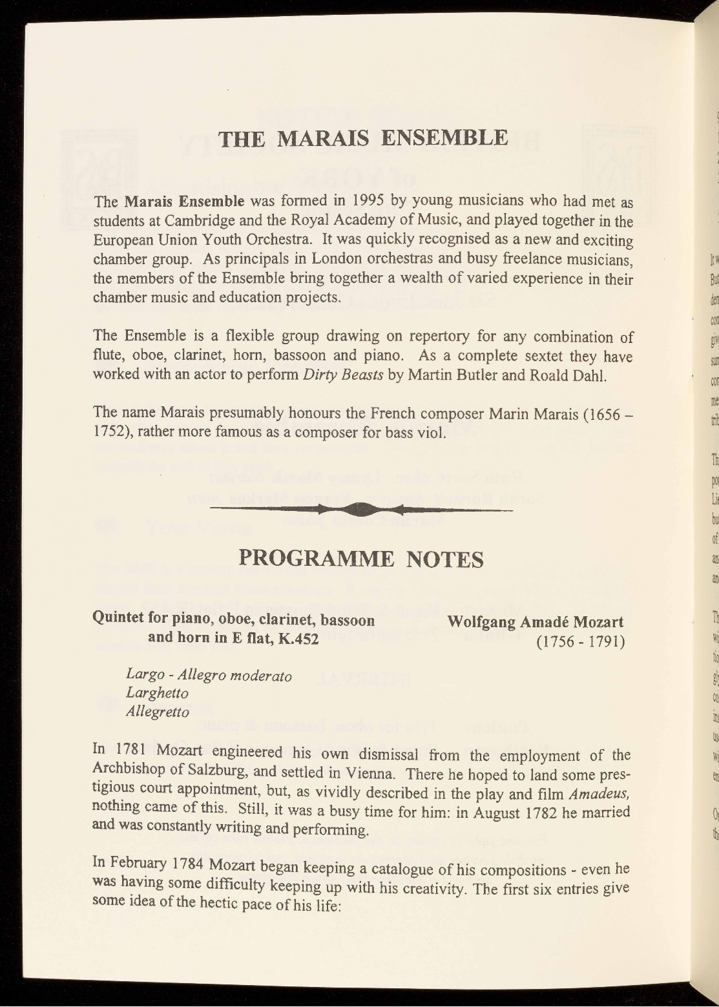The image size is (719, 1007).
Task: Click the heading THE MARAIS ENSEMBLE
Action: [363, 138]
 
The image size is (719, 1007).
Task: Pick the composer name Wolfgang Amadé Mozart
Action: [536, 623]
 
